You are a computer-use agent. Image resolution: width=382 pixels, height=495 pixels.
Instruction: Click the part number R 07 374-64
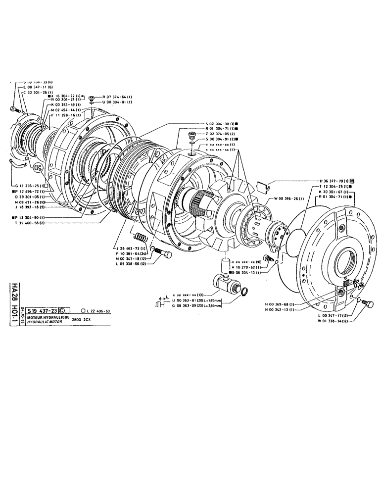117,97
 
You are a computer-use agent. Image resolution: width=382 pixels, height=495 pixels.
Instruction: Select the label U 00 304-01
117,102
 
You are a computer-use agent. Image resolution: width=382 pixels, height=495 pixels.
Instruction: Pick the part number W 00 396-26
289,199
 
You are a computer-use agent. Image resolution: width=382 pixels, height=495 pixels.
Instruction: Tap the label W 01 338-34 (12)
334,320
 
